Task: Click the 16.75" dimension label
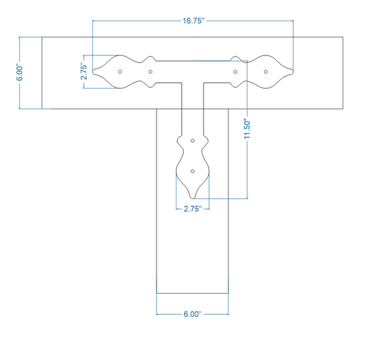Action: (193, 21)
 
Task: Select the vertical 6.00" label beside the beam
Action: (19, 72)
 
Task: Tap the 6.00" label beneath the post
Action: (192, 314)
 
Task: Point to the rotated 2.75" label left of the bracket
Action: (84, 72)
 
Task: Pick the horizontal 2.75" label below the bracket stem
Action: (193, 209)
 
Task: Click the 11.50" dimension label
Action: (247, 128)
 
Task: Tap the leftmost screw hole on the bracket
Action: (120, 72)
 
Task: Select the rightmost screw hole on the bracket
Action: (266, 72)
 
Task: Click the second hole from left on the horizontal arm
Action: (150, 72)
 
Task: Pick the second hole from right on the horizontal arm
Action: (235, 72)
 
